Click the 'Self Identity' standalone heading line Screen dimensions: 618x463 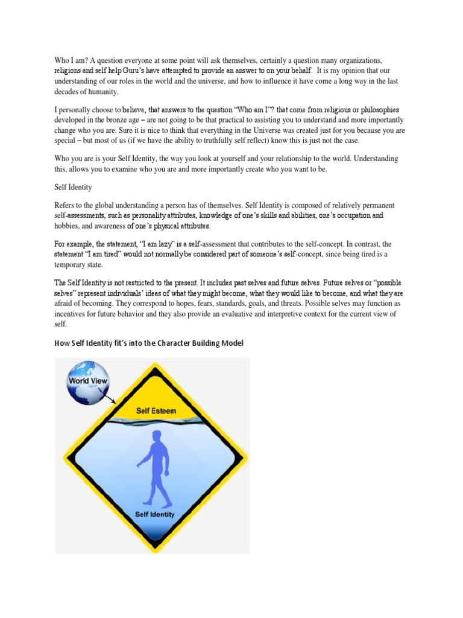click(x=73, y=188)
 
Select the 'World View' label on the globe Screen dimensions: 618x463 click(x=88, y=381)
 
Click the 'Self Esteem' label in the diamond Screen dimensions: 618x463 click(x=156, y=411)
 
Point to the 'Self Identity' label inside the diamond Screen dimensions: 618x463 click(x=155, y=514)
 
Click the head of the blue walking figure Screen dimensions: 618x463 click(x=157, y=436)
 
